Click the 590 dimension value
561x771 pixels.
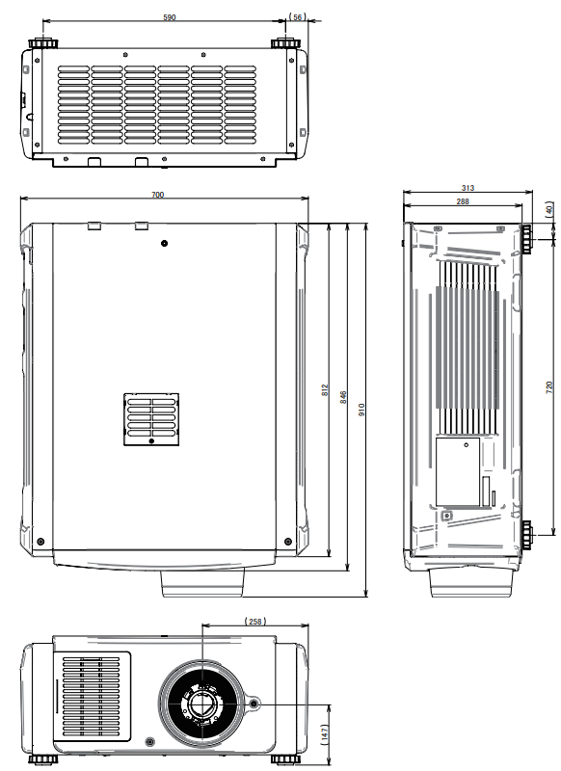[x=169, y=17]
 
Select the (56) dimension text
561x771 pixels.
[x=297, y=17]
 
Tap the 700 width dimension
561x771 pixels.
[x=158, y=196]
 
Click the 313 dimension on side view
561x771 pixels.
[x=467, y=189]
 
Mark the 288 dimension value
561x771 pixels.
[x=463, y=201]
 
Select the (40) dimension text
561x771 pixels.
[x=549, y=210]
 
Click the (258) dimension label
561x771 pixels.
[x=255, y=623]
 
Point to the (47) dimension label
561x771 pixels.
[x=325, y=732]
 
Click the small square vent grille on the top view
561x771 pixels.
[x=151, y=419]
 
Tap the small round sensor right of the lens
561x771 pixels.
[x=255, y=705]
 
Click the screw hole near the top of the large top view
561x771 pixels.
[x=165, y=243]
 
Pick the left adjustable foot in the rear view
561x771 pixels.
[x=44, y=43]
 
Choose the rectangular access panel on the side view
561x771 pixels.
[x=458, y=471]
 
